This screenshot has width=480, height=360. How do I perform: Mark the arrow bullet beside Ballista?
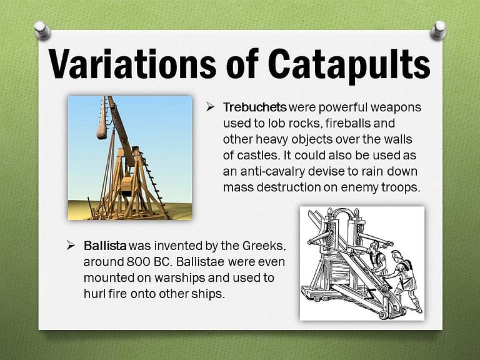tap(71, 245)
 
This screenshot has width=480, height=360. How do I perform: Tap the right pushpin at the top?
tap(439, 29)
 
